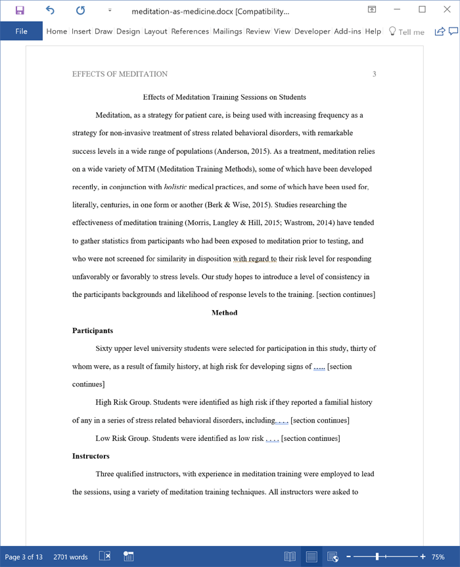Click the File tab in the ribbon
(x=21, y=32)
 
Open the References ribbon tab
(x=190, y=32)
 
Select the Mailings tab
(x=227, y=32)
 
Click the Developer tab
(x=312, y=32)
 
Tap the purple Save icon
(x=20, y=11)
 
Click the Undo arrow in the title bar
(x=51, y=11)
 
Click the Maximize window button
(x=422, y=10)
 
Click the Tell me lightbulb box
(x=407, y=32)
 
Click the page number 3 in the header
(x=374, y=74)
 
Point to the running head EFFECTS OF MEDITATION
(x=120, y=74)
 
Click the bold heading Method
(x=224, y=313)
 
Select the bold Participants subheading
(x=93, y=330)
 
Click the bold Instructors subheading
(x=91, y=456)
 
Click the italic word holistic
(x=175, y=187)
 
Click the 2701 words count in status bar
(x=70, y=557)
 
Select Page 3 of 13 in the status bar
(x=24, y=557)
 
